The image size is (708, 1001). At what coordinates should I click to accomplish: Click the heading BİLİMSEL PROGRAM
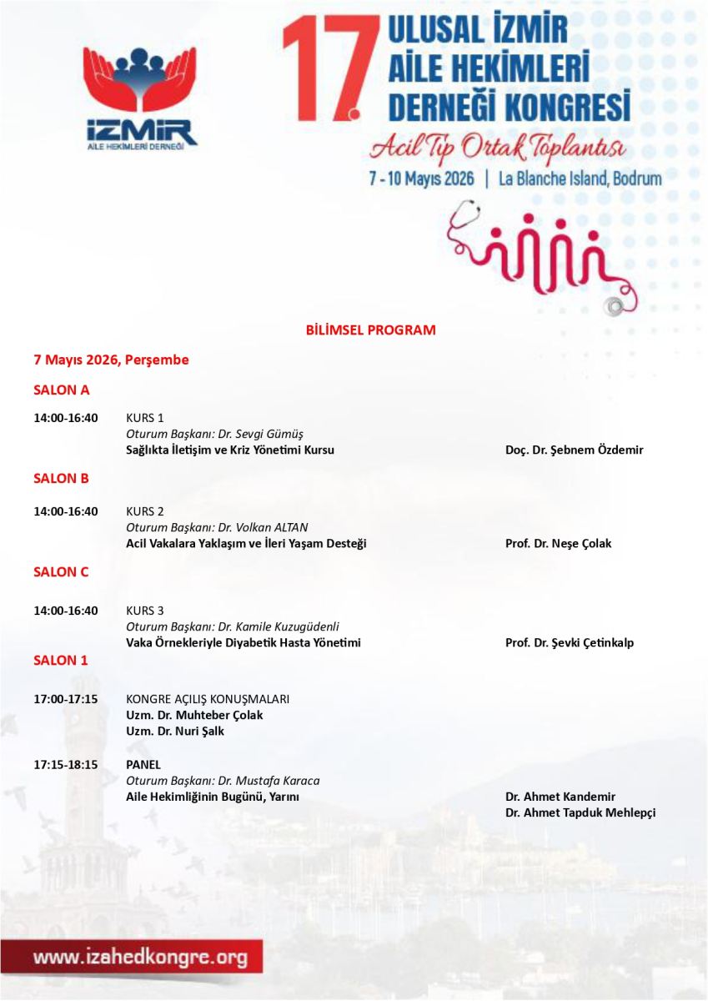[370, 329]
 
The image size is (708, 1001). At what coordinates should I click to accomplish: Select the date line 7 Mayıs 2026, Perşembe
[111, 360]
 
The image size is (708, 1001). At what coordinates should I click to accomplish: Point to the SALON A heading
[61, 390]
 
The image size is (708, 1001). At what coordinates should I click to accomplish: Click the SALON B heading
[61, 479]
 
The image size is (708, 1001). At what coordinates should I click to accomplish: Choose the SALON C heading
[61, 572]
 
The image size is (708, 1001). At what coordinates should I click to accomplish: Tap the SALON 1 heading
[60, 660]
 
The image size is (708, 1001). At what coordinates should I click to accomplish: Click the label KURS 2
[145, 511]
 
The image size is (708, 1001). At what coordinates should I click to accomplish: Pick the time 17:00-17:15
[65, 699]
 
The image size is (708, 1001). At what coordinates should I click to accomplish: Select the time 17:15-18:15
[65, 764]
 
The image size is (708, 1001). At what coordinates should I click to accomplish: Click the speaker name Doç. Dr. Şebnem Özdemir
[574, 450]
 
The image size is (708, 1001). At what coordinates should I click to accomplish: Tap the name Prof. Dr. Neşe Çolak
[558, 544]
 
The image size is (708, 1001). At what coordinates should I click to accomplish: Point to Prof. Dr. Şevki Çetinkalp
[569, 643]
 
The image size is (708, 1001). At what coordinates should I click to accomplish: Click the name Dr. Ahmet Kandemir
[560, 797]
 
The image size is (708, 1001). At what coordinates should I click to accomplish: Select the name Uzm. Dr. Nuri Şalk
[175, 732]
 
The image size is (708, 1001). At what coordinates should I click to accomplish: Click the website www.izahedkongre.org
[140, 958]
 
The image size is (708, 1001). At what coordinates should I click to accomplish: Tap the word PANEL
[143, 764]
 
